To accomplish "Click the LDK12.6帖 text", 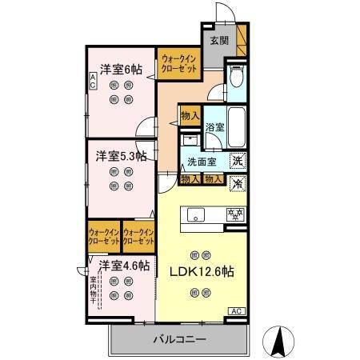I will pyautogui.click(x=200, y=272).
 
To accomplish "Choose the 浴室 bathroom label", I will pyautogui.click(x=214, y=127).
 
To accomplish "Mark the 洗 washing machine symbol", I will pyautogui.click(x=238, y=160).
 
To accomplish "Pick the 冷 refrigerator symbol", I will pyautogui.click(x=238, y=183).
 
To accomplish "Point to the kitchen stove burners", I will pyautogui.click(x=235, y=214).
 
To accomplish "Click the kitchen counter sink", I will pyautogui.click(x=195, y=214).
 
